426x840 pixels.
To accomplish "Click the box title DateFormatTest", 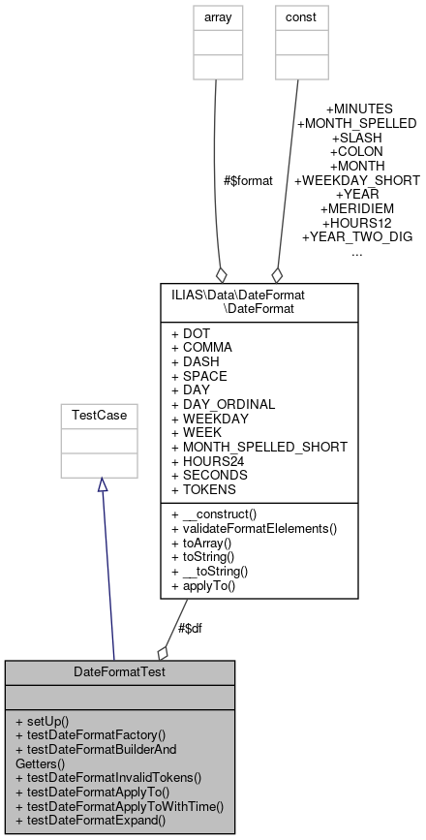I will point(120,671).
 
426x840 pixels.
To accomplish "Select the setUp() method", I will point(47,721).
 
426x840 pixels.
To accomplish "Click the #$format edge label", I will point(248,180).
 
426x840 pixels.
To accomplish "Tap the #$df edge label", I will point(190,628).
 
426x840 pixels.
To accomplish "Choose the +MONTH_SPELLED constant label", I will point(356,123).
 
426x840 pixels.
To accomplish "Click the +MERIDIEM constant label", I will point(356,208).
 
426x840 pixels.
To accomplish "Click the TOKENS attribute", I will point(206,489).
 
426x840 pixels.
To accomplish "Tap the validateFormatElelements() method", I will point(254,528).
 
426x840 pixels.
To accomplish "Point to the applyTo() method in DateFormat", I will point(208,586).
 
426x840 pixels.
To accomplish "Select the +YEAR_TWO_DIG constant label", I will point(357,236).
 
